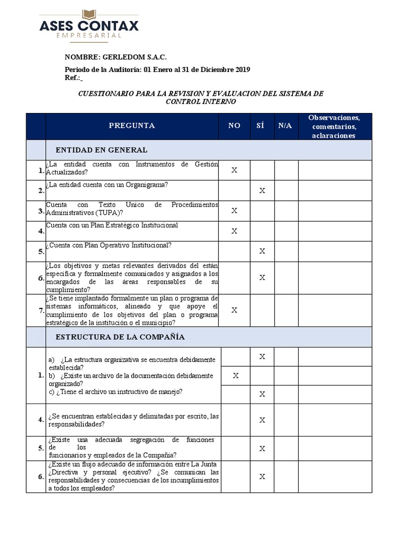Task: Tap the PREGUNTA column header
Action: (132, 126)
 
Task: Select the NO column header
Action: (234, 126)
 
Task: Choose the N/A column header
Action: (285, 126)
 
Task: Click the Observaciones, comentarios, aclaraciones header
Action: (335, 126)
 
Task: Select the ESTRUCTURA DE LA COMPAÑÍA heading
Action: (116, 337)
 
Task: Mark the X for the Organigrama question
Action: (262, 191)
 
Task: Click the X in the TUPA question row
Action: (235, 211)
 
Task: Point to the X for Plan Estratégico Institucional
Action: (235, 231)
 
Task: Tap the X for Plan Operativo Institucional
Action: (262, 252)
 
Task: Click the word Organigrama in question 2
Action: (149, 184)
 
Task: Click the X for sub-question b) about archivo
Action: (236, 376)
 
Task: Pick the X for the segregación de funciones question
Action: (262, 449)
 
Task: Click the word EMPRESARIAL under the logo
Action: (90, 35)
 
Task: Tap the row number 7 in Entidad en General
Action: (40, 311)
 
